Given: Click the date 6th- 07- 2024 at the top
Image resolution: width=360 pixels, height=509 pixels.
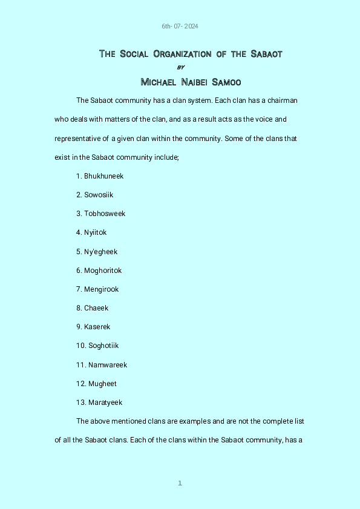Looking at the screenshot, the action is point(180,27).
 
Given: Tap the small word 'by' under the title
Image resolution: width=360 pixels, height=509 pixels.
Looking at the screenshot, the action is point(180,67).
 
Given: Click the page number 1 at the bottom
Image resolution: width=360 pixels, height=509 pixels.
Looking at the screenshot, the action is point(180,483).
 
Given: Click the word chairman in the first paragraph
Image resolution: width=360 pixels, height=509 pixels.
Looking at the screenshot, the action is point(282,100).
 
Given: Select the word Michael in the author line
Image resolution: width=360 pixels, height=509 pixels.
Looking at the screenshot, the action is point(157,82).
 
